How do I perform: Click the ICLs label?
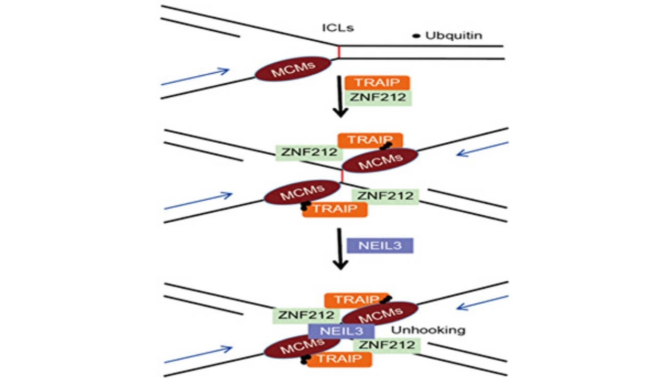tap(338, 28)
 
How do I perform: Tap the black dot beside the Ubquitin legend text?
tap(416, 36)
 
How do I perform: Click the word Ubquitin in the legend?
tap(454, 36)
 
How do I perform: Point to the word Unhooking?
tap(428, 330)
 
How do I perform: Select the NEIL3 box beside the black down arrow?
tap(380, 245)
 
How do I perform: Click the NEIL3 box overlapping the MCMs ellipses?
tap(341, 331)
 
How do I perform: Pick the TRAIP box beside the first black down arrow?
tap(377, 83)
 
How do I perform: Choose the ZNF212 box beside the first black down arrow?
tap(378, 97)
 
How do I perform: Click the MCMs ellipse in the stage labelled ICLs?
tap(293, 69)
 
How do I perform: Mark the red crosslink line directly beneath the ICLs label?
tap(339, 52)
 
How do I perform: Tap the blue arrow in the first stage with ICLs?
tap(195, 77)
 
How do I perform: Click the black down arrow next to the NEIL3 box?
tap(340, 249)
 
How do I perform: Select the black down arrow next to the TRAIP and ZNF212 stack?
tap(340, 97)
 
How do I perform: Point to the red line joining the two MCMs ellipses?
tap(342, 176)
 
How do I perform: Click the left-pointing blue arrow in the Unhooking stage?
tap(483, 303)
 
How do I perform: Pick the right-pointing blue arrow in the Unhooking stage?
tap(198, 354)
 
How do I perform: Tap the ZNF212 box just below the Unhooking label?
tap(387, 345)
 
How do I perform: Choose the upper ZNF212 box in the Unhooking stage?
tap(306, 316)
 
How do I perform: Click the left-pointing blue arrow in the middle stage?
tap(483, 149)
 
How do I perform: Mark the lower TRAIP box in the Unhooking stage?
tap(340, 359)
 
